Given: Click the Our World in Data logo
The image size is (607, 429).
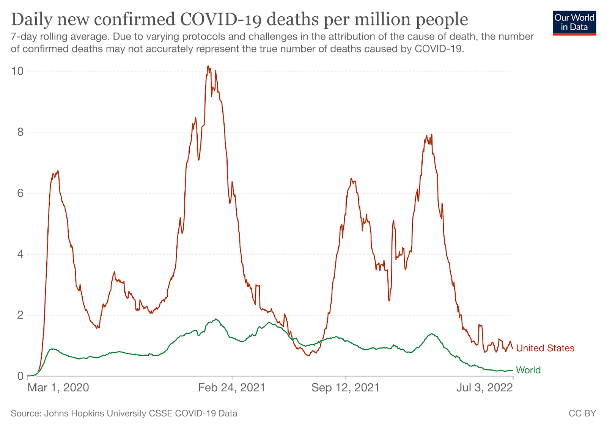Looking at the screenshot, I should pos(574,22).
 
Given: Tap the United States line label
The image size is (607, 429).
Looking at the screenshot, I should pos(545,348).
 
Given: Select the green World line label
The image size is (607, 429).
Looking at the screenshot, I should pos(528,370).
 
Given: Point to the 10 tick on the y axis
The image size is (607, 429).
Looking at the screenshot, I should pos(17,71).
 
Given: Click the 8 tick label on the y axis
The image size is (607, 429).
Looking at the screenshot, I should pos(20,132).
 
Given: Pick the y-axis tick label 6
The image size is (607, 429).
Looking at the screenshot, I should pos(20,193).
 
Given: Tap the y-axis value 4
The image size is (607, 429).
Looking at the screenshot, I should pos(20,254).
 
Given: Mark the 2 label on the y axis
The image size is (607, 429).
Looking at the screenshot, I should pos(20,315).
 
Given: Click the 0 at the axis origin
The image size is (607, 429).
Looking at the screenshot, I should pos(20,376).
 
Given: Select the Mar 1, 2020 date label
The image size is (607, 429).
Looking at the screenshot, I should pos(58,388).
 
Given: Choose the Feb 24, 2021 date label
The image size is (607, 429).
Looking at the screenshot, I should pos(232,388).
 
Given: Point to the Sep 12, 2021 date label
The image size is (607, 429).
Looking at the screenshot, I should pos(345,388).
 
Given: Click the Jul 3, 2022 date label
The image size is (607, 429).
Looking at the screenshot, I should pos(484,388).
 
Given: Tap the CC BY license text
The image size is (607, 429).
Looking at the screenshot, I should pos(582,413).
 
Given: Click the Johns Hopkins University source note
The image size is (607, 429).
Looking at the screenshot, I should pos(124,413).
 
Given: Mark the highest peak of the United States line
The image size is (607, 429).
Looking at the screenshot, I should pos(208,66).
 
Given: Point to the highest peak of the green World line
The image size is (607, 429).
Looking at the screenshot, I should pos(215,319).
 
